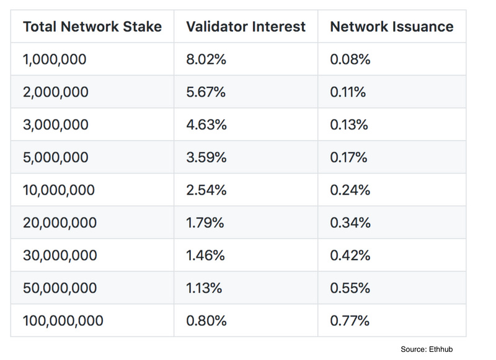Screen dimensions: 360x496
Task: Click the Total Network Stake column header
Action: [92, 27]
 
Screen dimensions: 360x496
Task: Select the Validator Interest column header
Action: [246, 27]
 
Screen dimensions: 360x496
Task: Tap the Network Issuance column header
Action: [391, 27]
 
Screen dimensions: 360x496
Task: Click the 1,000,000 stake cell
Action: [55, 59]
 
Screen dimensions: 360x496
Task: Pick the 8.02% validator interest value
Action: [206, 59]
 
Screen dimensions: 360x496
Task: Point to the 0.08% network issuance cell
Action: [350, 59]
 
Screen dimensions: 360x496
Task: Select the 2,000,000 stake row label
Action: [56, 92]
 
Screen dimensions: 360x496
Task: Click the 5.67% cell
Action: [206, 92]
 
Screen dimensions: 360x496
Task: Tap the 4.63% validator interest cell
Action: [206, 125]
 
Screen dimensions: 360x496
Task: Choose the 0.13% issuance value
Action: [349, 125]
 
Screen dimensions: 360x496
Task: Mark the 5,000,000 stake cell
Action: [56, 157]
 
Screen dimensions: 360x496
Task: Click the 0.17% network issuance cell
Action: [349, 157]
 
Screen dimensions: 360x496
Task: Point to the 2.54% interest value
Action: [206, 190]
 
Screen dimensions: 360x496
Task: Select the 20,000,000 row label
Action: [60, 222]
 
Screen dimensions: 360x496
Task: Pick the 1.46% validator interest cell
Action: [206, 255]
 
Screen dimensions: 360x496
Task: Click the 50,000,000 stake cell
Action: [60, 288]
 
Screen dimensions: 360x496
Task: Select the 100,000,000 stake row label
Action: [63, 320]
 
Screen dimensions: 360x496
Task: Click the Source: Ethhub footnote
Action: [432, 349]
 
